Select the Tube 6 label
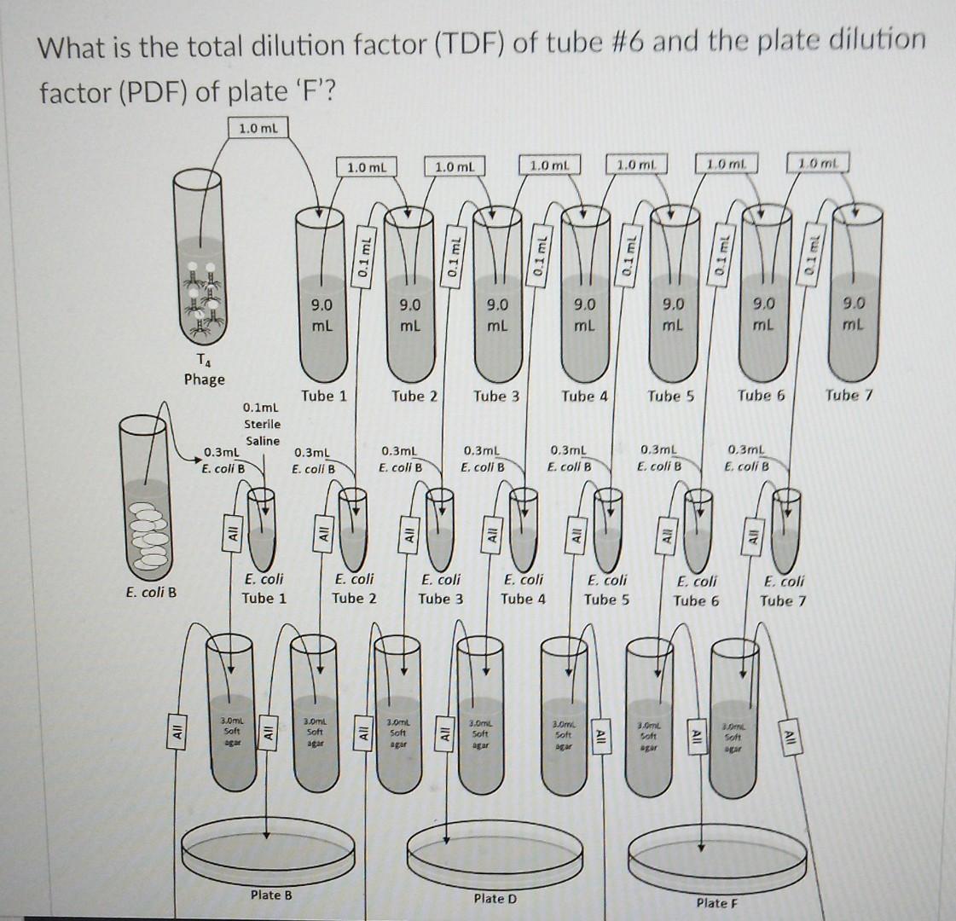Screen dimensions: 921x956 pos(762,396)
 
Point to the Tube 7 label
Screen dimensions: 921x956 pos(849,395)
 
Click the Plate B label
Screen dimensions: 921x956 pos(270,895)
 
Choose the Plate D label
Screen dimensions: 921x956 pos(495,898)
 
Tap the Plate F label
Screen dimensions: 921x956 pos(716,902)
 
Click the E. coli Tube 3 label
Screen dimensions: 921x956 pos(441,588)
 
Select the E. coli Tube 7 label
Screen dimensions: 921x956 pos(783,590)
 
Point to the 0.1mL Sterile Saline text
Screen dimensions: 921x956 pos(262,424)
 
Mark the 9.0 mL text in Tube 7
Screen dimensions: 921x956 pos(853,313)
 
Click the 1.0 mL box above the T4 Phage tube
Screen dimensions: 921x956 pos(258,128)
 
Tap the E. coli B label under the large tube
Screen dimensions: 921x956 pos(151,592)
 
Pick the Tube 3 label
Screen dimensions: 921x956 pos(496,396)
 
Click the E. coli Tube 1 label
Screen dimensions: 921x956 pos(264,588)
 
